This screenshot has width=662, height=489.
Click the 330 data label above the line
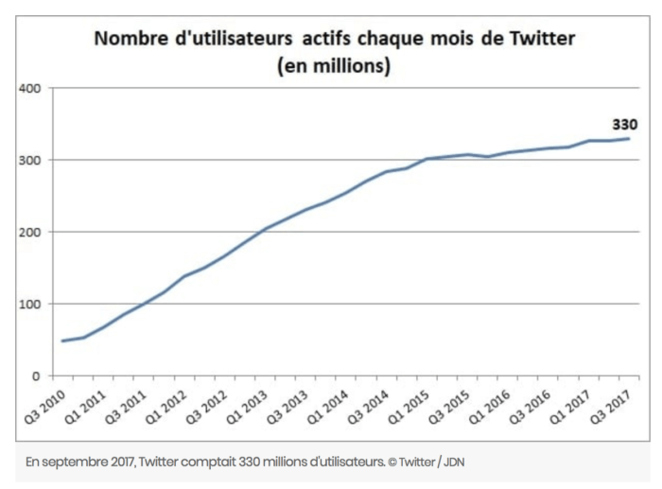pyautogui.click(x=624, y=124)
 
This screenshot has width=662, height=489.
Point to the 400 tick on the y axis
pyautogui.click(x=29, y=88)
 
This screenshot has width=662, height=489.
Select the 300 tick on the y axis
pyautogui.click(x=29, y=160)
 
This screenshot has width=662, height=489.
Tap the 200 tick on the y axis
pyautogui.click(x=29, y=232)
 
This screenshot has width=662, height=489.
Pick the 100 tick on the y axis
pyautogui.click(x=29, y=304)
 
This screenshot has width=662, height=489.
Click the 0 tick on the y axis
pyautogui.click(x=36, y=375)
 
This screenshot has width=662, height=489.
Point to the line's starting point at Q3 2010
pyautogui.click(x=62, y=341)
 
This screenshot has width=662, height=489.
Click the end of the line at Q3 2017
pyautogui.click(x=629, y=139)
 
